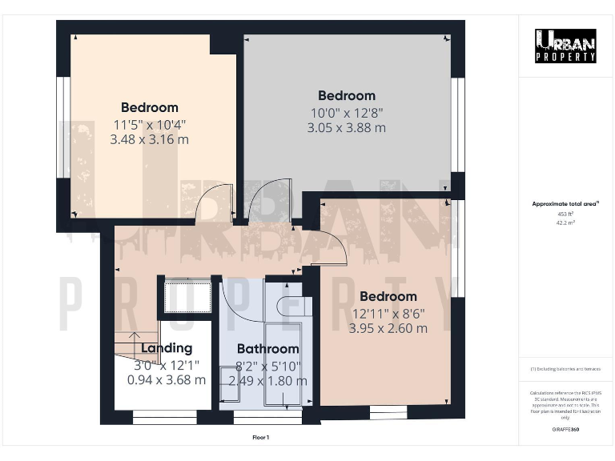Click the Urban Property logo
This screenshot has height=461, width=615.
point(565,46)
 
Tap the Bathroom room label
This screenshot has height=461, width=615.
point(267,349)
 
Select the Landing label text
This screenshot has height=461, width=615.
point(167,348)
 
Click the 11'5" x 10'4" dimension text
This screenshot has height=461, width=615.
point(150,124)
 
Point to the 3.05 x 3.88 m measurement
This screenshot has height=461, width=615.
point(346,127)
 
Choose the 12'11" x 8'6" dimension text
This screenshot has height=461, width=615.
point(388,313)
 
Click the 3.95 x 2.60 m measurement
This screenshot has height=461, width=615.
point(388,328)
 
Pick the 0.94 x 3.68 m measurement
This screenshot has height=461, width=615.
point(167,379)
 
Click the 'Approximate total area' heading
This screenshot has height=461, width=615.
point(565,204)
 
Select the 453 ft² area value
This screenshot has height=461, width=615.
point(565,214)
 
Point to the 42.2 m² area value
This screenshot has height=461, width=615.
point(565,222)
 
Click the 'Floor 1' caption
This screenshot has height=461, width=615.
point(261,438)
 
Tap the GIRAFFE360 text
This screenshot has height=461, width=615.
point(565,431)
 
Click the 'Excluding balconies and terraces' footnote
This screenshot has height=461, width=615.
point(565,368)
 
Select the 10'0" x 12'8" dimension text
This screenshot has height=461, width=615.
point(346,112)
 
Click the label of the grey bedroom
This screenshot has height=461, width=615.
point(346,96)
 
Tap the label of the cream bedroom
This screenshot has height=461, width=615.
point(150,108)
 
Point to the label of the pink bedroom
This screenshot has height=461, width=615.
point(388,297)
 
